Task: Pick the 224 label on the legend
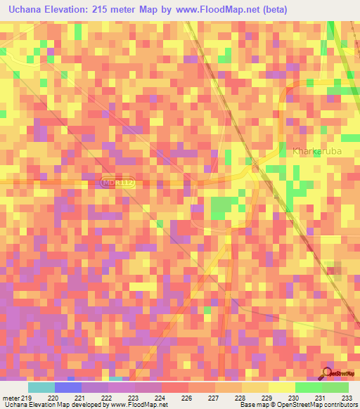[x=161, y=398]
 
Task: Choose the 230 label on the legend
[x=295, y=398]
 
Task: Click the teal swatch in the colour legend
[x=41, y=387]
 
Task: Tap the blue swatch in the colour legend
[x=68, y=387]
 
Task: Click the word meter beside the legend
[x=11, y=398]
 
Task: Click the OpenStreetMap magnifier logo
[x=327, y=372]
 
